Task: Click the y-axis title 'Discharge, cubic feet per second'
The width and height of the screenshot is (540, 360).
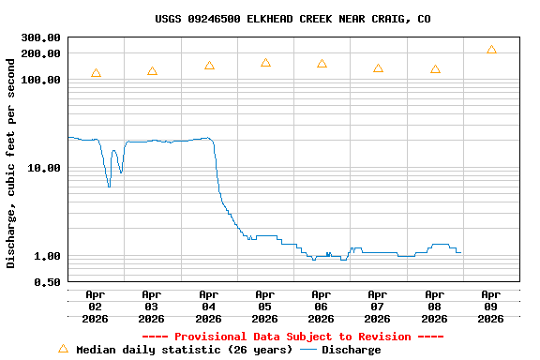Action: click(11, 163)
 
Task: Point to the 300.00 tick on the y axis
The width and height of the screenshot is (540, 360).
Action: click(40, 37)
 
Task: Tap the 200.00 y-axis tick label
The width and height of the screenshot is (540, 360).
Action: click(40, 53)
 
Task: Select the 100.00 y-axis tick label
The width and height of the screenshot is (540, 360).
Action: click(40, 81)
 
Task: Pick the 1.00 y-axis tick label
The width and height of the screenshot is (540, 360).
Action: click(47, 256)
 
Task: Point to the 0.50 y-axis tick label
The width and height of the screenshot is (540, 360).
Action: click(47, 282)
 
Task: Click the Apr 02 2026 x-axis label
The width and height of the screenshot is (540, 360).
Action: click(96, 307)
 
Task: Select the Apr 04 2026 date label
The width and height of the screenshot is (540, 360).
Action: click(208, 307)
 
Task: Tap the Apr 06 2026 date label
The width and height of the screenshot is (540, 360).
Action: click(322, 307)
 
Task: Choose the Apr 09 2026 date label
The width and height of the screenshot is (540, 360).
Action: click(490, 307)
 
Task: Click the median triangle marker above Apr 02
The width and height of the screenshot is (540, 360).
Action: click(96, 73)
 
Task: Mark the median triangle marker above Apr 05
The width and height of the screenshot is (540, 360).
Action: click(265, 63)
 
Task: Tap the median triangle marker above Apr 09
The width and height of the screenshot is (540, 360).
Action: click(491, 50)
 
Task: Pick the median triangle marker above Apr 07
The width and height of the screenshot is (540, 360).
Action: click(378, 68)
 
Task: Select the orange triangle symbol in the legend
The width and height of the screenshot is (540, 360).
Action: click(64, 349)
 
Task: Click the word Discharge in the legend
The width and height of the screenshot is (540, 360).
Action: click(352, 350)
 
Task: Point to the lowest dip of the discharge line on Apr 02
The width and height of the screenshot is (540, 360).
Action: click(109, 186)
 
